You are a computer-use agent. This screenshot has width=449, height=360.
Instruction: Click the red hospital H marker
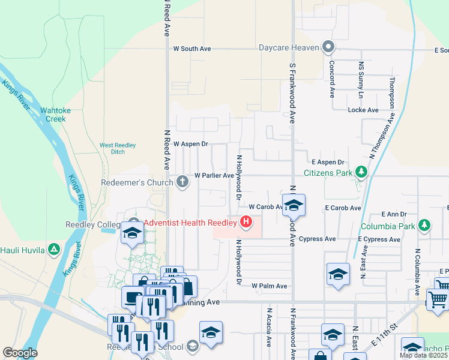click(x=246, y=223)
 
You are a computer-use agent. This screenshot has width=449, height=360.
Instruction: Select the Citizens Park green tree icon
click(x=361, y=173)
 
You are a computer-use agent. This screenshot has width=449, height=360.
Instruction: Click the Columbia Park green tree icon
click(x=424, y=226)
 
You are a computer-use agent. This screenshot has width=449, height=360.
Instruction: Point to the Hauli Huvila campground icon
click(x=54, y=249)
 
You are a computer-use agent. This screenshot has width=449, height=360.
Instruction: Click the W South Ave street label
click(x=192, y=49)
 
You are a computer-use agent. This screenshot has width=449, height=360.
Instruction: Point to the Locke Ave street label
click(x=363, y=110)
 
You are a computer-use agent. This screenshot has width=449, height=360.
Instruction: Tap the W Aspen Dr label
click(x=190, y=144)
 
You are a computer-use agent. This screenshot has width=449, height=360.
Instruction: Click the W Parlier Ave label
click(x=214, y=176)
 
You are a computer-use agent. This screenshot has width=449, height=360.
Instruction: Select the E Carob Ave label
click(x=343, y=208)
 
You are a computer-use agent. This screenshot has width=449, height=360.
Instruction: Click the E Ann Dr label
click(x=397, y=214)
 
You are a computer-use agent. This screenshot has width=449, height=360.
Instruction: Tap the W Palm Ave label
click(x=270, y=286)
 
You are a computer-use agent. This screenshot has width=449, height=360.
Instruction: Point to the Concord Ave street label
click(x=331, y=79)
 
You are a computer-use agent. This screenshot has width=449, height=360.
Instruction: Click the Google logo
click(x=20, y=353)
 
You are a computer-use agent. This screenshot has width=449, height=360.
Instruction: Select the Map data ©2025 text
click(x=424, y=355)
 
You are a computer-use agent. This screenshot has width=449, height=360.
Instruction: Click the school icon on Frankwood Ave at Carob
click(x=294, y=205)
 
